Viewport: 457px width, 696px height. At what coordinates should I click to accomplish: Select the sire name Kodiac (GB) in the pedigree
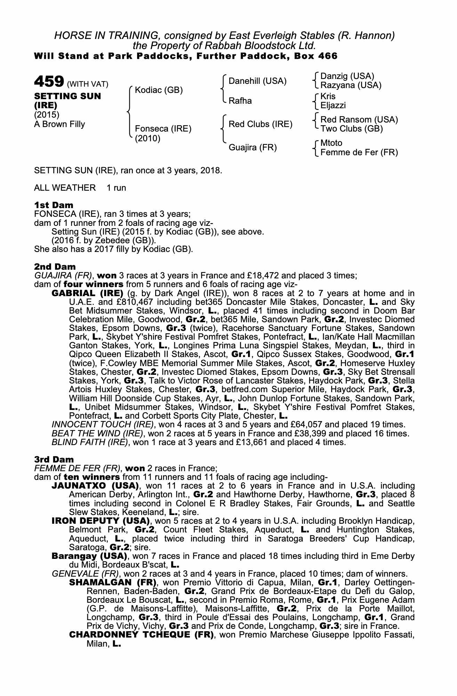159,90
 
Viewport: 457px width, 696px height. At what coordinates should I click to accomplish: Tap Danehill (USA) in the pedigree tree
257,81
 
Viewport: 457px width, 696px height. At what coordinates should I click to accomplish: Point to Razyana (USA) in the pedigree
351,85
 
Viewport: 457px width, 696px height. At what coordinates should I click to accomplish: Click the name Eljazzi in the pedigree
333,105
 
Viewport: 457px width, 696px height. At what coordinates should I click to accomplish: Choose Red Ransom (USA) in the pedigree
359,120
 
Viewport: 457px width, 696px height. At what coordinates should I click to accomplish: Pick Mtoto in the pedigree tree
331,143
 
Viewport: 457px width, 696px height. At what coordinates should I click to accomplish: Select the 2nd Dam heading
55,267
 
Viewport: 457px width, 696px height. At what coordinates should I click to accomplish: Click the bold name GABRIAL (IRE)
87,293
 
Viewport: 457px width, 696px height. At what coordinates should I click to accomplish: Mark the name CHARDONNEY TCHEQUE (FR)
141,635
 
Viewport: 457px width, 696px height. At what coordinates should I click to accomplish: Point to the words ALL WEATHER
65,188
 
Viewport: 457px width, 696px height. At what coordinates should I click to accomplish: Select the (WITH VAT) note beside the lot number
88,84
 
